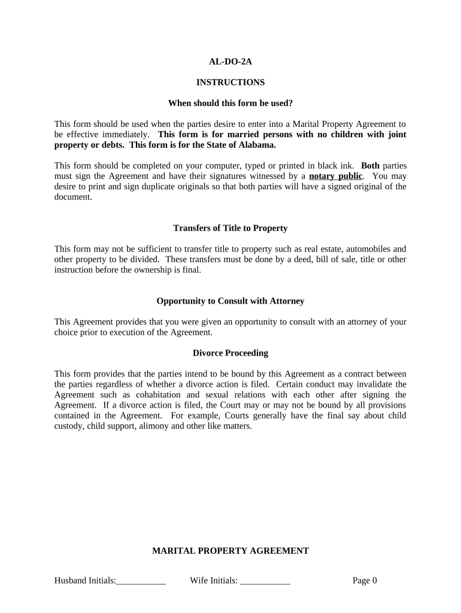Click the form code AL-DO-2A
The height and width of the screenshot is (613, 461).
point(230,61)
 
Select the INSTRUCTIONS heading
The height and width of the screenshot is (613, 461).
point(230,82)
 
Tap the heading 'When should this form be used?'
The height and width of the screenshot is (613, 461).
point(230,103)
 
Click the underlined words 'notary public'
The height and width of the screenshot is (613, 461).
point(335,176)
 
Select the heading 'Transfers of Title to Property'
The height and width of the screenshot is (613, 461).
point(230,228)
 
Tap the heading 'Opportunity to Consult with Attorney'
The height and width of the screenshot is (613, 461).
point(230,301)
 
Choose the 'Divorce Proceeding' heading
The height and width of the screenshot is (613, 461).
point(230,353)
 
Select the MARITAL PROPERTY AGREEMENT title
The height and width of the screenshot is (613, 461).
point(230,551)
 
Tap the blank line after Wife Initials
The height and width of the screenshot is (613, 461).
point(265,581)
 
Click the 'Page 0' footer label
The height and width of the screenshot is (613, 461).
point(365,580)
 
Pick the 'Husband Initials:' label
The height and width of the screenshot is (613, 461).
point(85,580)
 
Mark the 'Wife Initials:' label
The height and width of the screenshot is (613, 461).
point(214,580)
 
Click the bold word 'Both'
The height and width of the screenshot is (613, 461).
point(370,166)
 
